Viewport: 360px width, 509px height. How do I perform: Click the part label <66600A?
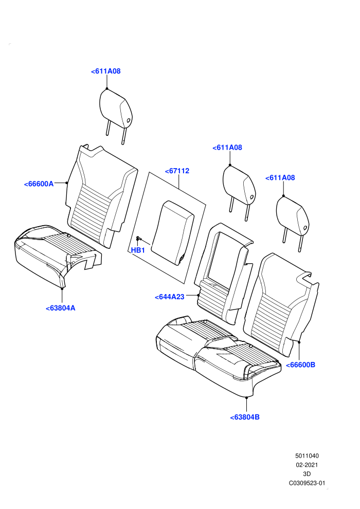pos(39,184)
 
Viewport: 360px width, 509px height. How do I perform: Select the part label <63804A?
pos(60,308)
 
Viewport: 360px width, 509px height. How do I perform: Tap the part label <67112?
pos(177,171)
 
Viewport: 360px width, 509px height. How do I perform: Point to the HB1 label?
pos(138,250)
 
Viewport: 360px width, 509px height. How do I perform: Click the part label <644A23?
pos(169,297)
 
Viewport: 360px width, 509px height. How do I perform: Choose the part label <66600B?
pos(300,365)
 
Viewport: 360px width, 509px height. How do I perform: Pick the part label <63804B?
pos(245,417)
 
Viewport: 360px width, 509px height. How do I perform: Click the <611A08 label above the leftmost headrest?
pos(106,71)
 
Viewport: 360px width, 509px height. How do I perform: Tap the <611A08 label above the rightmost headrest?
pos(280,177)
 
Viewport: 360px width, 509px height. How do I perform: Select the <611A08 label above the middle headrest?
pos(227,148)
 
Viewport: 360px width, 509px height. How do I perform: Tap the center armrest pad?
pos(173,232)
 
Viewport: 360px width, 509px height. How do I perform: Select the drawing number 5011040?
pos(307,456)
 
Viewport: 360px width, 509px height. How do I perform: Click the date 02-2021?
pos(307,465)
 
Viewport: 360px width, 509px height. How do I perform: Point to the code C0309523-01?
pos(307,483)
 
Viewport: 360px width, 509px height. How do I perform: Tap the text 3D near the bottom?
pos(307,474)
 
